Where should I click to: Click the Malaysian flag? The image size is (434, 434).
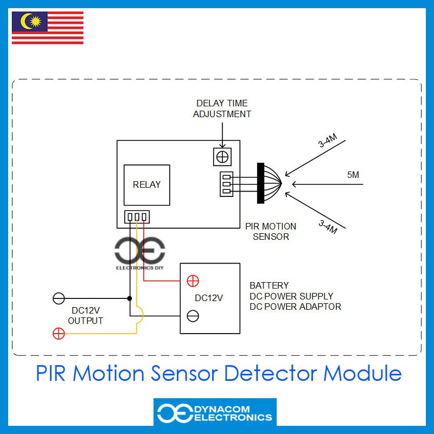click(x=48, y=28)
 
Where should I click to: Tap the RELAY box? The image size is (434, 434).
click(x=146, y=184)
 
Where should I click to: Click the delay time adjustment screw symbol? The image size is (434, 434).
click(x=222, y=157)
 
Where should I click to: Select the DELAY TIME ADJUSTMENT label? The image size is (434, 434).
click(x=222, y=108)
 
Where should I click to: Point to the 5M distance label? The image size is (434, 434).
click(x=353, y=175)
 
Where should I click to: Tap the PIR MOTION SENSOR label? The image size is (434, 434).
click(x=271, y=231)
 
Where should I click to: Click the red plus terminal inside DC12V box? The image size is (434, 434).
click(x=193, y=281)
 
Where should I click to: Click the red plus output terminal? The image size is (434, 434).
click(x=58, y=334)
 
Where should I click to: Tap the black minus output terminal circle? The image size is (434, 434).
click(x=58, y=298)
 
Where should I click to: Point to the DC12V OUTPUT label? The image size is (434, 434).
click(x=86, y=316)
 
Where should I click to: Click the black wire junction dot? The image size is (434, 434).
click(x=130, y=298)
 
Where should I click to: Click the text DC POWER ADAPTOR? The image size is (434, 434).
click(x=295, y=307)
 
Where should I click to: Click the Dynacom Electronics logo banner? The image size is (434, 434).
click(x=215, y=412)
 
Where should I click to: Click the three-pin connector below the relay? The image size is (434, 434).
click(x=136, y=217)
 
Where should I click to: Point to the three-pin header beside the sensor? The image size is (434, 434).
click(x=227, y=183)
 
